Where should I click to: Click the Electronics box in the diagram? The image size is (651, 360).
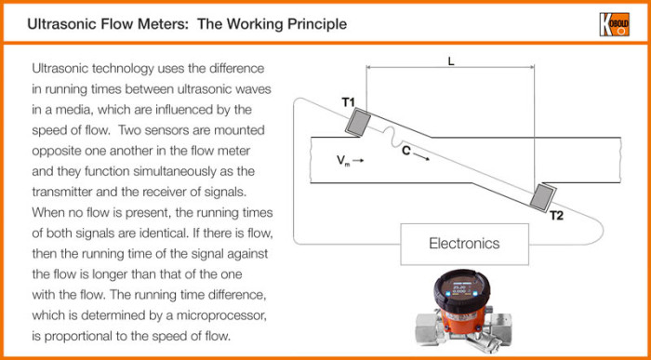coord(464,244)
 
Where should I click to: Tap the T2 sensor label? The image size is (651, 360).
coord(556,216)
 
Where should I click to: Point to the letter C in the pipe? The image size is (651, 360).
coord(408,150)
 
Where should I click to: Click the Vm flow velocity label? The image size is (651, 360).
coord(343,161)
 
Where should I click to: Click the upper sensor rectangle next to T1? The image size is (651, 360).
coord(358,121)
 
